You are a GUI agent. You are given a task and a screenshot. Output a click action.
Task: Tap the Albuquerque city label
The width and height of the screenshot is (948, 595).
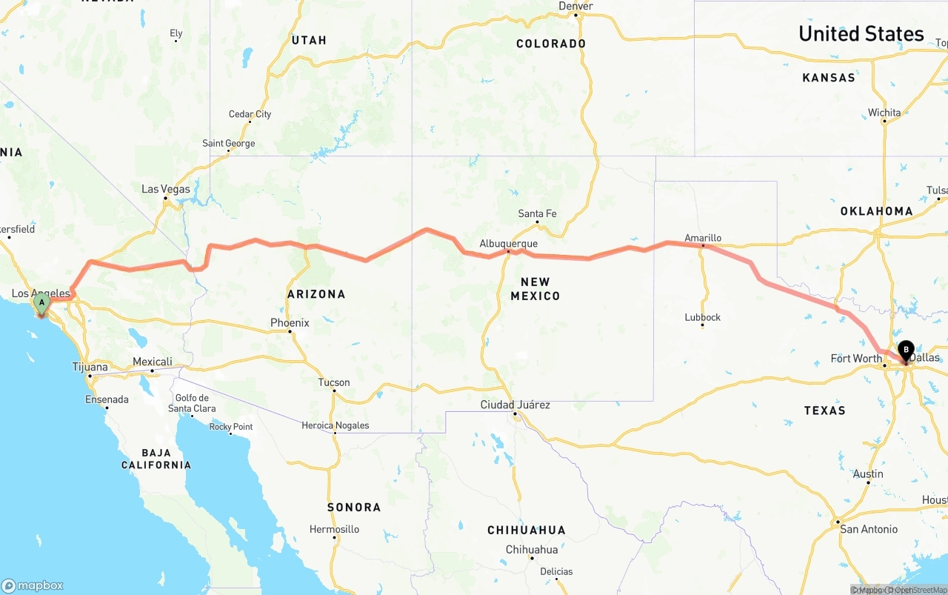click(x=508, y=243)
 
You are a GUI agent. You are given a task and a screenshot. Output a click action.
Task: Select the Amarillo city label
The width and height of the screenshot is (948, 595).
click(x=703, y=238)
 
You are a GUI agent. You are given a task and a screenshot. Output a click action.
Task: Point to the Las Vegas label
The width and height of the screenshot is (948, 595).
click(x=166, y=189)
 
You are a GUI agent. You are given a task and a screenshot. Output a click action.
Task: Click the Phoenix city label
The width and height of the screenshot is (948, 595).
click(x=290, y=323)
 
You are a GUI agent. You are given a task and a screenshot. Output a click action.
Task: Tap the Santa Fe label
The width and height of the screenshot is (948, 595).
click(x=537, y=213)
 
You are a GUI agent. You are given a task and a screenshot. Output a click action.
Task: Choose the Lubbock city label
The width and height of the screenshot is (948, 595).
click(x=703, y=317)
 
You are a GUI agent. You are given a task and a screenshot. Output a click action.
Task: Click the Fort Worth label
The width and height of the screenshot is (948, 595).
click(x=856, y=359)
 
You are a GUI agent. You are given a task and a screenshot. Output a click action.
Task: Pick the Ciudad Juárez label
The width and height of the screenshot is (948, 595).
click(x=515, y=405)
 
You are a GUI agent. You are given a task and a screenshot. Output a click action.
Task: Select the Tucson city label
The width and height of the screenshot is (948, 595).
click(x=334, y=382)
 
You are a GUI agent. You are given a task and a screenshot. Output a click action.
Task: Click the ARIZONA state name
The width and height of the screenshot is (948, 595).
click(x=316, y=294)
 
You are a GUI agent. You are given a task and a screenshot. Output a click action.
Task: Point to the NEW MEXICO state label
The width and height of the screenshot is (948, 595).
click(x=535, y=289)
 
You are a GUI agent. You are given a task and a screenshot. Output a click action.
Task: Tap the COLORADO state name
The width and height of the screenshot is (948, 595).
click(x=551, y=44)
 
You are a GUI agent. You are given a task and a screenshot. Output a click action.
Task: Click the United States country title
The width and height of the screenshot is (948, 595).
click(x=861, y=33)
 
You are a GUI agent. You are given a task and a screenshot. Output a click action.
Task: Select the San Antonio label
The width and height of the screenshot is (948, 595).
click(x=869, y=529)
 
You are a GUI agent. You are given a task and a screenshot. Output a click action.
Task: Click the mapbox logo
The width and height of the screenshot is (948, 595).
click(x=33, y=585)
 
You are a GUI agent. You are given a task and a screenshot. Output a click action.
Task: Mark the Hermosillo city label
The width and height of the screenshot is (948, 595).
click(x=334, y=529)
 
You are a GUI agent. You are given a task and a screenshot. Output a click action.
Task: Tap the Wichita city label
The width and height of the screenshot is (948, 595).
click(x=884, y=113)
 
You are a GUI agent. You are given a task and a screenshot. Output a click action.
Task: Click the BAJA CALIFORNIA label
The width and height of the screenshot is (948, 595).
click(x=156, y=459)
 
